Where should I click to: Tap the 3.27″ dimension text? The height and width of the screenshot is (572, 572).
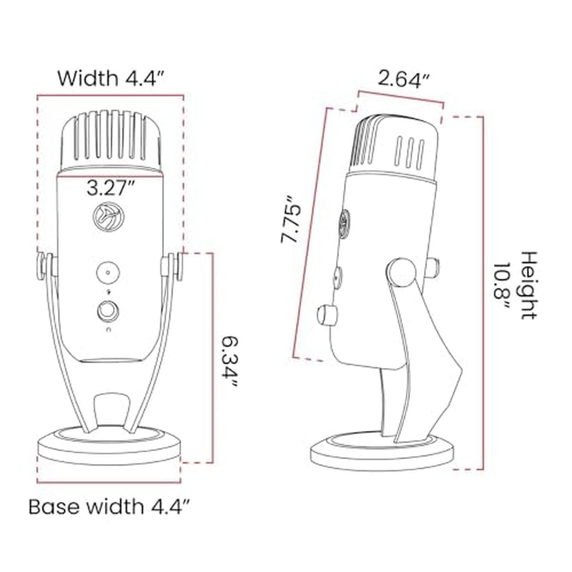(111, 188)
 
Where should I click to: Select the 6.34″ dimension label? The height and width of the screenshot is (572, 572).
(230, 362)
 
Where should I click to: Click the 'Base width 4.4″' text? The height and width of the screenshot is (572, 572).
(109, 506)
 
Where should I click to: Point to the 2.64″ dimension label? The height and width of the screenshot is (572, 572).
(404, 79)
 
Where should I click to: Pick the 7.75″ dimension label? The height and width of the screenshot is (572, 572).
(291, 219)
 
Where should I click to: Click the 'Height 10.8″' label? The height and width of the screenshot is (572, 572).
(516, 285)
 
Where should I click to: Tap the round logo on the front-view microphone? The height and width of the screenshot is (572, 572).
(109, 217)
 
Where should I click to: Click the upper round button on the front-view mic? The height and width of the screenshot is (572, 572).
(108, 272)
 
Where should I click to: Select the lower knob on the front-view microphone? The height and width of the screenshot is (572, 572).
(108, 311)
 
